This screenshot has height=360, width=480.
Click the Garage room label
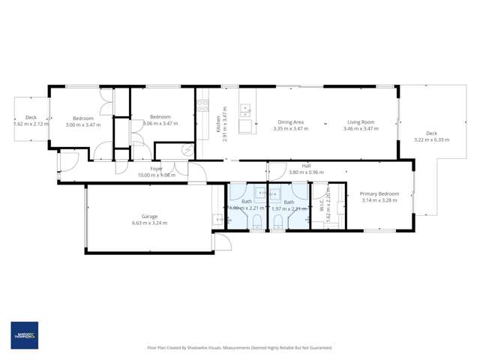pyautogui.click(x=148, y=217)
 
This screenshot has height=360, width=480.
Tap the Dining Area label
pyautogui.click(x=290, y=121)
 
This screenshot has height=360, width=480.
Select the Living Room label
pyautogui.click(x=360, y=121)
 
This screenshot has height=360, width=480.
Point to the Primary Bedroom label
pyautogui.click(x=379, y=194)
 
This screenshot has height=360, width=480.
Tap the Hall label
pyautogui.click(x=306, y=166)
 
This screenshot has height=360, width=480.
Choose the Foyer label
pyautogui.click(x=156, y=169)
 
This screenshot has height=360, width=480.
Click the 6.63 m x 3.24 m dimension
pyautogui.click(x=148, y=223)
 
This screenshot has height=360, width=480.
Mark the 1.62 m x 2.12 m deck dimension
pyautogui.click(x=31, y=124)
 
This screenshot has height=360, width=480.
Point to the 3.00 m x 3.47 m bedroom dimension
pyautogui.click(x=82, y=124)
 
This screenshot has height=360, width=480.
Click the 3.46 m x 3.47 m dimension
pyautogui.click(x=360, y=128)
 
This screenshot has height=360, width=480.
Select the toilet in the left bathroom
pyautogui.click(x=256, y=220)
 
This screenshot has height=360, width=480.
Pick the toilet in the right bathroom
pyautogui.click(x=277, y=220)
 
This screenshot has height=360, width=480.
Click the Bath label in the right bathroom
pyautogui.click(x=289, y=202)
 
